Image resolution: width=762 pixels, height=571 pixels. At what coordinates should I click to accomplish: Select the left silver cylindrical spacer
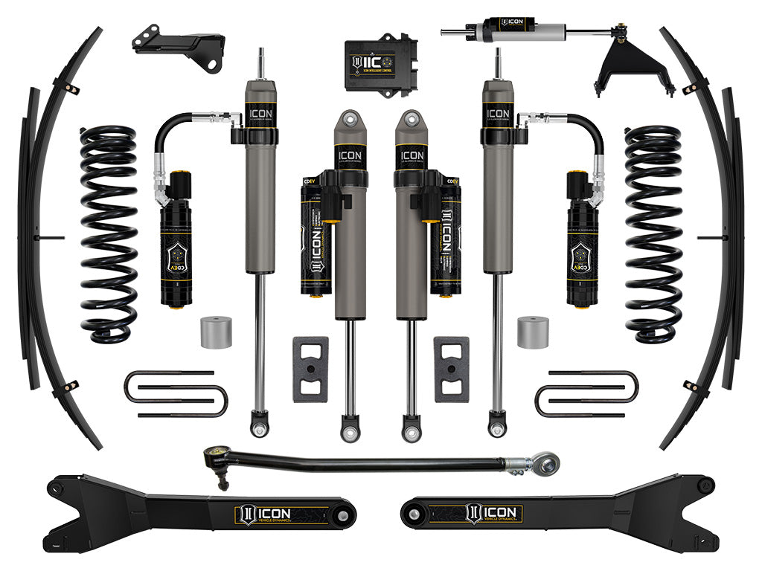[216, 332]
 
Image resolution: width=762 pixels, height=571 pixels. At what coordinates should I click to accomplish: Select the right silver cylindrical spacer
[533, 332]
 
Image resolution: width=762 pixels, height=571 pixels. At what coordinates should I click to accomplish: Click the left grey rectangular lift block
[310, 369]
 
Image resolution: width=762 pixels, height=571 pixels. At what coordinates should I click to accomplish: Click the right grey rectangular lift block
[452, 369]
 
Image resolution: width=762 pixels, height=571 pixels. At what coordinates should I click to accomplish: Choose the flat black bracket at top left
[179, 46]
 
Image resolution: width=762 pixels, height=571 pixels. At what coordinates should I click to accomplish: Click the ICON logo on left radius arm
[263, 514]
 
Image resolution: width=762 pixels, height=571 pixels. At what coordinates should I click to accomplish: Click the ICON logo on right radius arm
[494, 514]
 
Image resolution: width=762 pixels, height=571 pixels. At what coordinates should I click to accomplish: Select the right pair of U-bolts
[586, 393]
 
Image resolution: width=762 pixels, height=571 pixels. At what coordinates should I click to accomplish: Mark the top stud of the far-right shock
[497, 64]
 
